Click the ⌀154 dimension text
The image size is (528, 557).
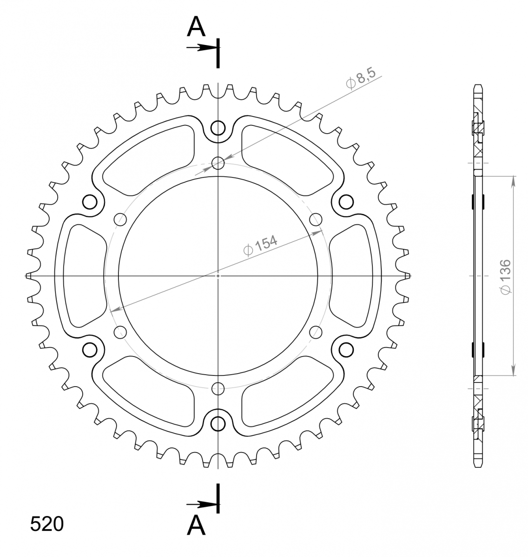pos(260,246)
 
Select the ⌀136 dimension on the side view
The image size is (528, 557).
pos(505,277)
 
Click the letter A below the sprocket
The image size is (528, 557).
pos(196,525)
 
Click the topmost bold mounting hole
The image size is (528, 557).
pos(218,128)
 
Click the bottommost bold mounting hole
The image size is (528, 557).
pos(218,424)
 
